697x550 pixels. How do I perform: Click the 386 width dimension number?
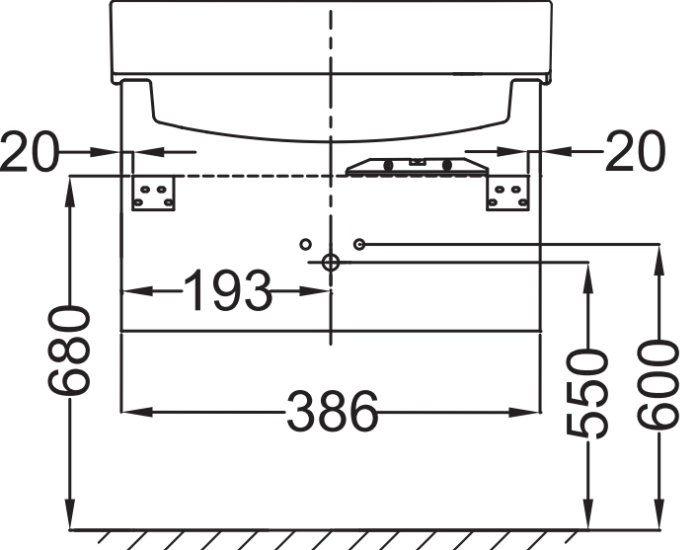click(333, 412)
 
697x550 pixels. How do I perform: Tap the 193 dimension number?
click(227, 290)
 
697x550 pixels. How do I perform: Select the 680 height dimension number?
click(69, 352)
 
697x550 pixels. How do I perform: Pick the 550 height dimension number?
click(586, 393)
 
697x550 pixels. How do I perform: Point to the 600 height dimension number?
click(658, 385)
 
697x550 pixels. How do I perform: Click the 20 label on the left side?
click(30, 151)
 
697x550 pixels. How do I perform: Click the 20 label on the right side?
click(635, 151)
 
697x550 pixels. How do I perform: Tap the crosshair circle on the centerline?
click(331, 263)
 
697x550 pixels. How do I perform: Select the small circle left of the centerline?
click(305, 244)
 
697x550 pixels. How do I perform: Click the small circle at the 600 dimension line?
click(359, 244)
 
